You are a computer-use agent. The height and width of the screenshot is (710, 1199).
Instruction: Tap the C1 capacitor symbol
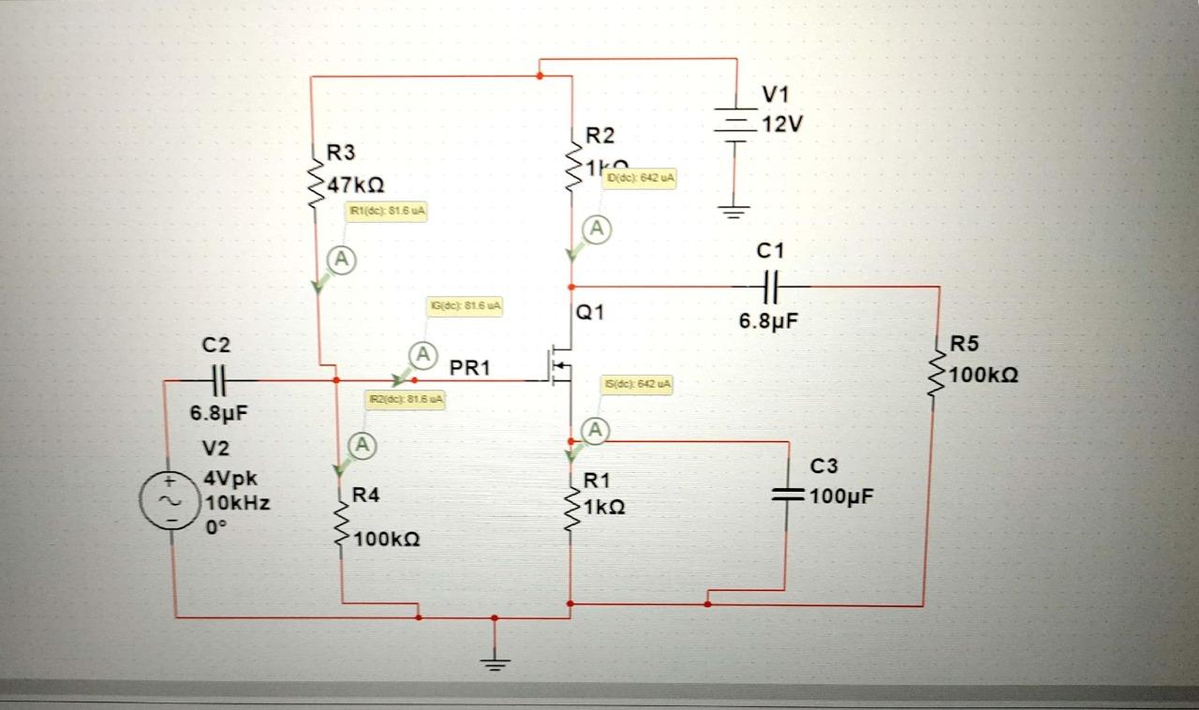tap(772, 285)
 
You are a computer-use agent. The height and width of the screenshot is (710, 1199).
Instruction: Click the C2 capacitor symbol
tap(216, 380)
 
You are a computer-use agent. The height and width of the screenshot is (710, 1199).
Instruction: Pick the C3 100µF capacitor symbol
tap(786, 496)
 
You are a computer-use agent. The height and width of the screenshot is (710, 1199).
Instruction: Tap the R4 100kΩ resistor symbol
tap(342, 525)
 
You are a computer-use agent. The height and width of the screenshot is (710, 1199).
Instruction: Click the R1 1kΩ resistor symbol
tap(570, 507)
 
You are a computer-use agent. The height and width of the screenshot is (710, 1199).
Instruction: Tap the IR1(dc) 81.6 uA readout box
tap(387, 212)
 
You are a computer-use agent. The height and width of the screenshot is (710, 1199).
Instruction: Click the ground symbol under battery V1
tap(735, 210)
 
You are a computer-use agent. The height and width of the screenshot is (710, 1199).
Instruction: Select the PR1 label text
tap(470, 368)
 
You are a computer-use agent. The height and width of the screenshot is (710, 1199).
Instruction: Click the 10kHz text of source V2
tap(237, 502)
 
